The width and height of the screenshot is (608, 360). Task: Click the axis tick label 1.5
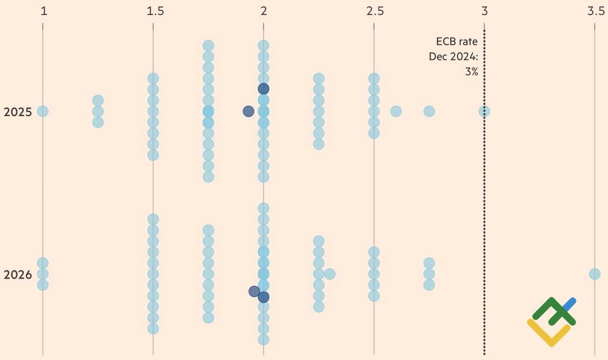155,10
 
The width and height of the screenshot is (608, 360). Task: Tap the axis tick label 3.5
596,10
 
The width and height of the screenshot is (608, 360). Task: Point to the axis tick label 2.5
375,10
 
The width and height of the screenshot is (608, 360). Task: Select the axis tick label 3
484,10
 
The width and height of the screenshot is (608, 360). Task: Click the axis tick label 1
43,10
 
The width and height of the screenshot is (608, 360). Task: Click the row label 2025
17,112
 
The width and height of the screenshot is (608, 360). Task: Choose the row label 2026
17,274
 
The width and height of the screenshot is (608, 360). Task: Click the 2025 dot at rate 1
43,111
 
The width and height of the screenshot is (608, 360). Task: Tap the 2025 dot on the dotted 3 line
484,111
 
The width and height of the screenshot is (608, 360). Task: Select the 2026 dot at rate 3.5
595,274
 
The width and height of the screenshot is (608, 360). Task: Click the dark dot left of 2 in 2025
249,111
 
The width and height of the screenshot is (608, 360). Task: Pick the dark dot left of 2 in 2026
254,291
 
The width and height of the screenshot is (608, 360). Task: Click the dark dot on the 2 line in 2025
264,88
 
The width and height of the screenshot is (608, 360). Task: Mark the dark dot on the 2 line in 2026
264,297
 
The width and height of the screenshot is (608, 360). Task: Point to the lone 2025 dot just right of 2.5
396,111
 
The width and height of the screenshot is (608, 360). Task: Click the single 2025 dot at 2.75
429,111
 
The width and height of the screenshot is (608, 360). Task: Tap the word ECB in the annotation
445,42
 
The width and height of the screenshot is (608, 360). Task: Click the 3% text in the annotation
471,72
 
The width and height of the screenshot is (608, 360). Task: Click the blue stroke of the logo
570,304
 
